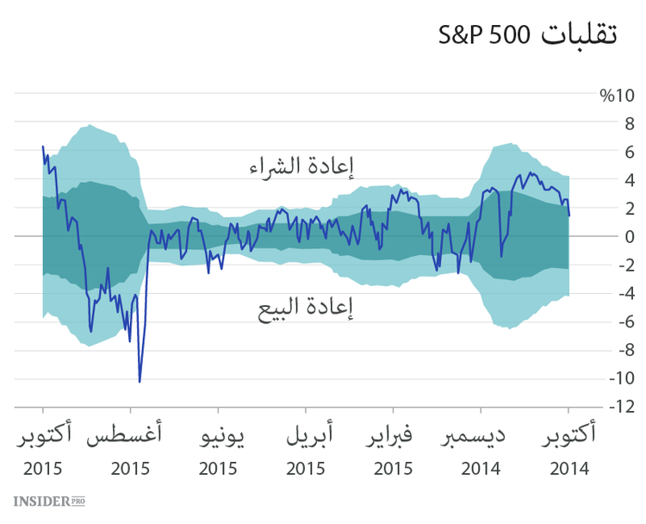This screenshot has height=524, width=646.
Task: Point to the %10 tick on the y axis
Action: click(x=616, y=95)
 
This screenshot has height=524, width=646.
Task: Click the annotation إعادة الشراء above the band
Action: click(x=301, y=165)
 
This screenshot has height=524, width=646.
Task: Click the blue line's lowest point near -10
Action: click(x=140, y=380)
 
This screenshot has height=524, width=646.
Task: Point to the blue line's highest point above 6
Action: click(x=43, y=147)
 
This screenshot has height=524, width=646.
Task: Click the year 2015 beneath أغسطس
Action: click(x=130, y=469)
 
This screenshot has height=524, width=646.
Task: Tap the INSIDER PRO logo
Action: click(x=49, y=501)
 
